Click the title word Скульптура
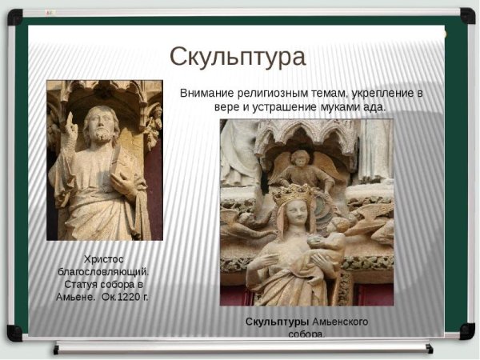(x=237, y=57)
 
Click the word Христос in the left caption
(x=104, y=258)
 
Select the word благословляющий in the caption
(x=104, y=271)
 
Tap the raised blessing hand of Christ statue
(x=70, y=126)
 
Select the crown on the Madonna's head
(x=293, y=193)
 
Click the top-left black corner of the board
(x=14, y=16)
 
